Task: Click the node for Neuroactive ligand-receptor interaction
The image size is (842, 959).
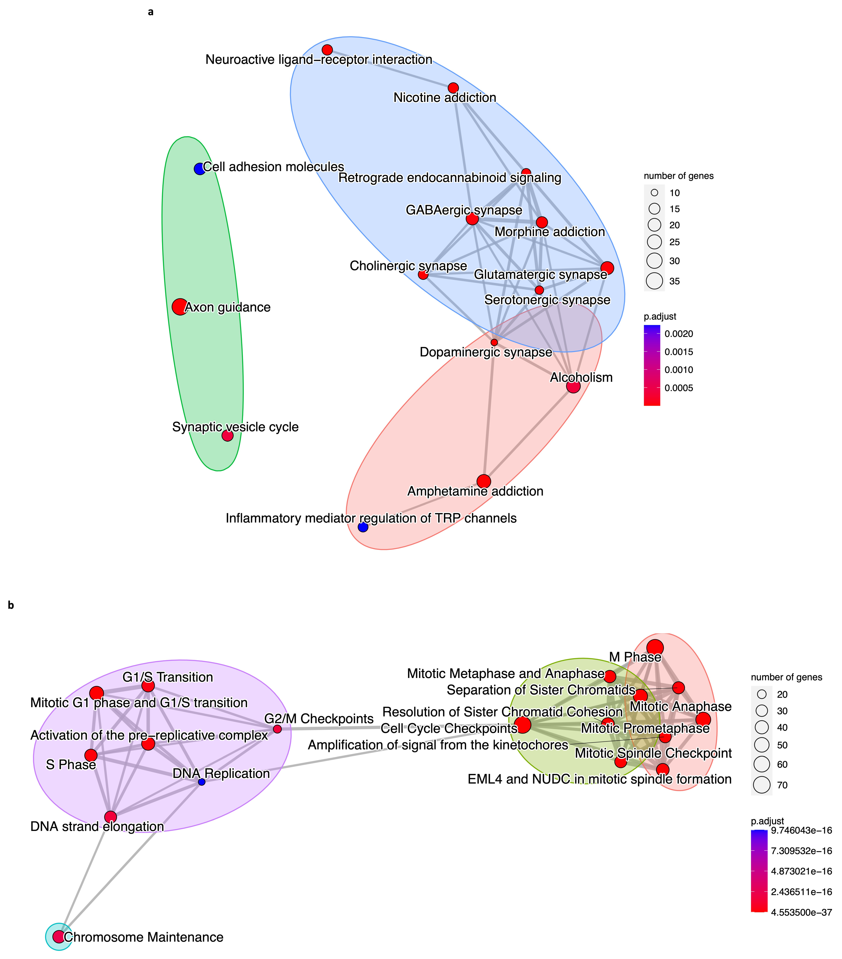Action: click(327, 50)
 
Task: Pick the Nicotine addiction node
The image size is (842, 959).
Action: click(453, 88)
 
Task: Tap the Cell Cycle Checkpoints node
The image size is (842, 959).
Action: click(523, 725)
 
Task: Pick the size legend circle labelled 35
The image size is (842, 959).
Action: click(654, 281)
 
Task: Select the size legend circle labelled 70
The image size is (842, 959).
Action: click(762, 785)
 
